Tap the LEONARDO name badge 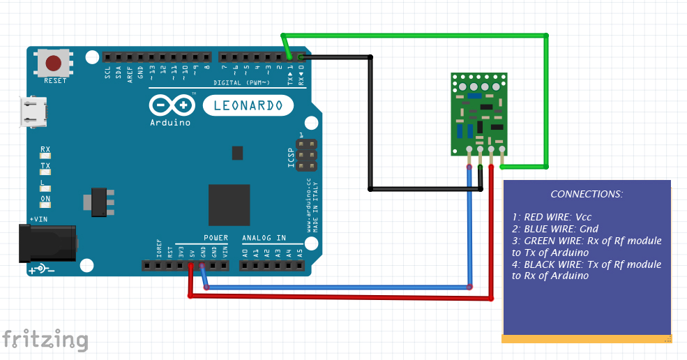point(248,105)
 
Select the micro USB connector point(33,112)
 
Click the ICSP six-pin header point(305,155)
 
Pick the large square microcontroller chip point(229,205)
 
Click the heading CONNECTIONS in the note point(587,194)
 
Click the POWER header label point(216,238)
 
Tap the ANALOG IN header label point(264,238)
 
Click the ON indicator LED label point(45,198)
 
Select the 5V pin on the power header point(190,266)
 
